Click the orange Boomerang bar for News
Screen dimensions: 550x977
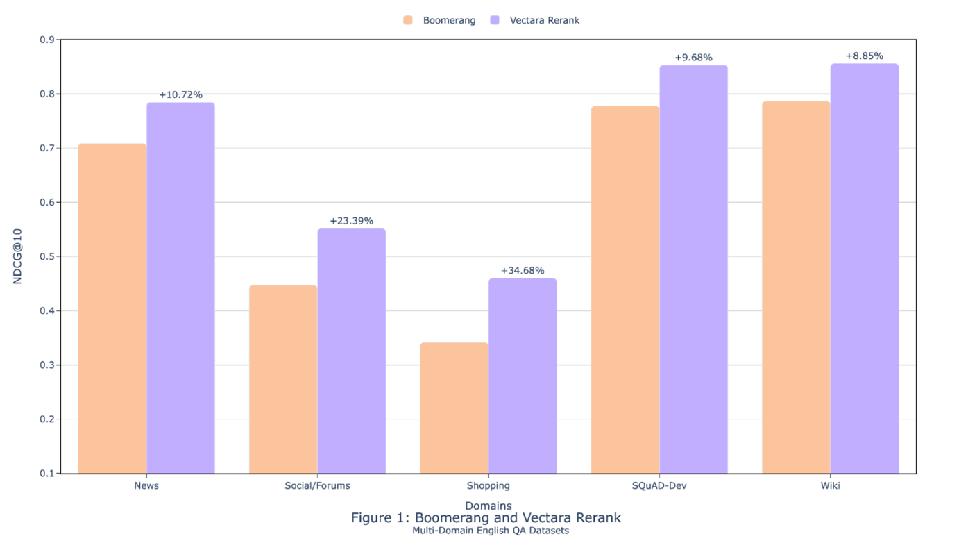pos(112,309)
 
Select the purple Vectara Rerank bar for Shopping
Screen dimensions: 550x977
pos(523,376)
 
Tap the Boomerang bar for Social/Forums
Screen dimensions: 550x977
pos(283,379)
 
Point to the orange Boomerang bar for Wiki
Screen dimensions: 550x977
pos(796,287)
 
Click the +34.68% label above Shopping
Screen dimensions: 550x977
pos(523,271)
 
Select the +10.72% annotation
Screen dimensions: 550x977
pos(180,94)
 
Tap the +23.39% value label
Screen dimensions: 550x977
pos(351,221)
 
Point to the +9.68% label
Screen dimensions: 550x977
pos(693,58)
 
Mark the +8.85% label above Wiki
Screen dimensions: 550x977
pos(864,56)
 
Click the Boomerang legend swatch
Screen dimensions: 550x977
pos(408,20)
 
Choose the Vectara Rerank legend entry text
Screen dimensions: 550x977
pos(544,20)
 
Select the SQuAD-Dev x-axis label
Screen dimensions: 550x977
pos(659,485)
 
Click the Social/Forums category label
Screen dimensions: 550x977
pos(317,485)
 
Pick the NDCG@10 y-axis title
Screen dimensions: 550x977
pos(18,256)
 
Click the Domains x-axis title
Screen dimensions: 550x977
pos(488,506)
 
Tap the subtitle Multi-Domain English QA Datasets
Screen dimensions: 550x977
pos(490,531)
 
